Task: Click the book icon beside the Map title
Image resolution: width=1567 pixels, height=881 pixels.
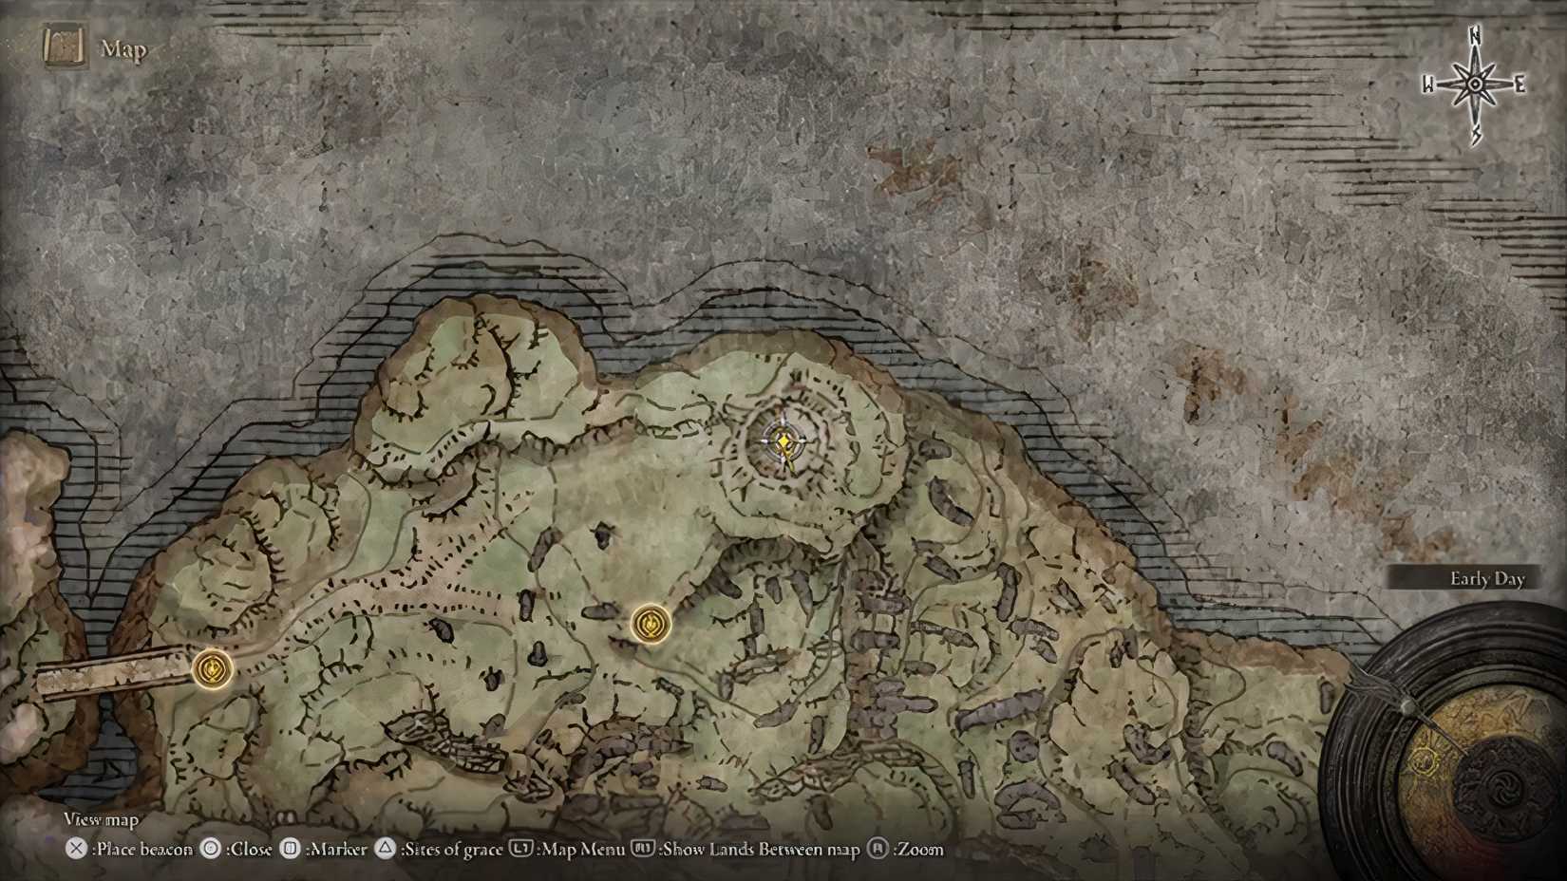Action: click(x=64, y=47)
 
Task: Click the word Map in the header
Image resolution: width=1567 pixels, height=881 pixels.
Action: click(x=123, y=49)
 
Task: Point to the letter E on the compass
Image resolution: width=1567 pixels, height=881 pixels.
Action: click(x=1520, y=85)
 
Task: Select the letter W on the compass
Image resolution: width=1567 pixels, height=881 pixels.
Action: click(x=1428, y=85)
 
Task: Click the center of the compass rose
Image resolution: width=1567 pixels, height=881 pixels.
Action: click(x=1475, y=85)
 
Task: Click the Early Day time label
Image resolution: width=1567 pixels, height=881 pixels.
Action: click(x=1486, y=579)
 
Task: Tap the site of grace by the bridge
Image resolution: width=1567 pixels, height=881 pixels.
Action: click(x=213, y=669)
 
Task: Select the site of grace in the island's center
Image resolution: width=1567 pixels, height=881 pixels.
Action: click(x=651, y=624)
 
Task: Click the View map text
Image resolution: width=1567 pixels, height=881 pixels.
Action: click(x=101, y=819)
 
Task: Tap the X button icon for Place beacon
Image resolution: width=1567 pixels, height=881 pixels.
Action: click(x=76, y=849)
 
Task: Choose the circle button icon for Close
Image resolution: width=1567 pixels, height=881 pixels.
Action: click(x=211, y=849)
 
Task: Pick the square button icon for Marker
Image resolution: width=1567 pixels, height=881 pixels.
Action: click(x=292, y=849)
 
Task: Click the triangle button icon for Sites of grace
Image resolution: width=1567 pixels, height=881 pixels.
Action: click(x=385, y=849)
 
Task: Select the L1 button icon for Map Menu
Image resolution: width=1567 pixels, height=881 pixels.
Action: click(x=520, y=849)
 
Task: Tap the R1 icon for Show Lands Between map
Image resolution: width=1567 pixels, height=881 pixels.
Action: click(x=643, y=849)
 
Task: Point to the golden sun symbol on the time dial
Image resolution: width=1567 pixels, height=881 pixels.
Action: click(x=1424, y=760)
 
